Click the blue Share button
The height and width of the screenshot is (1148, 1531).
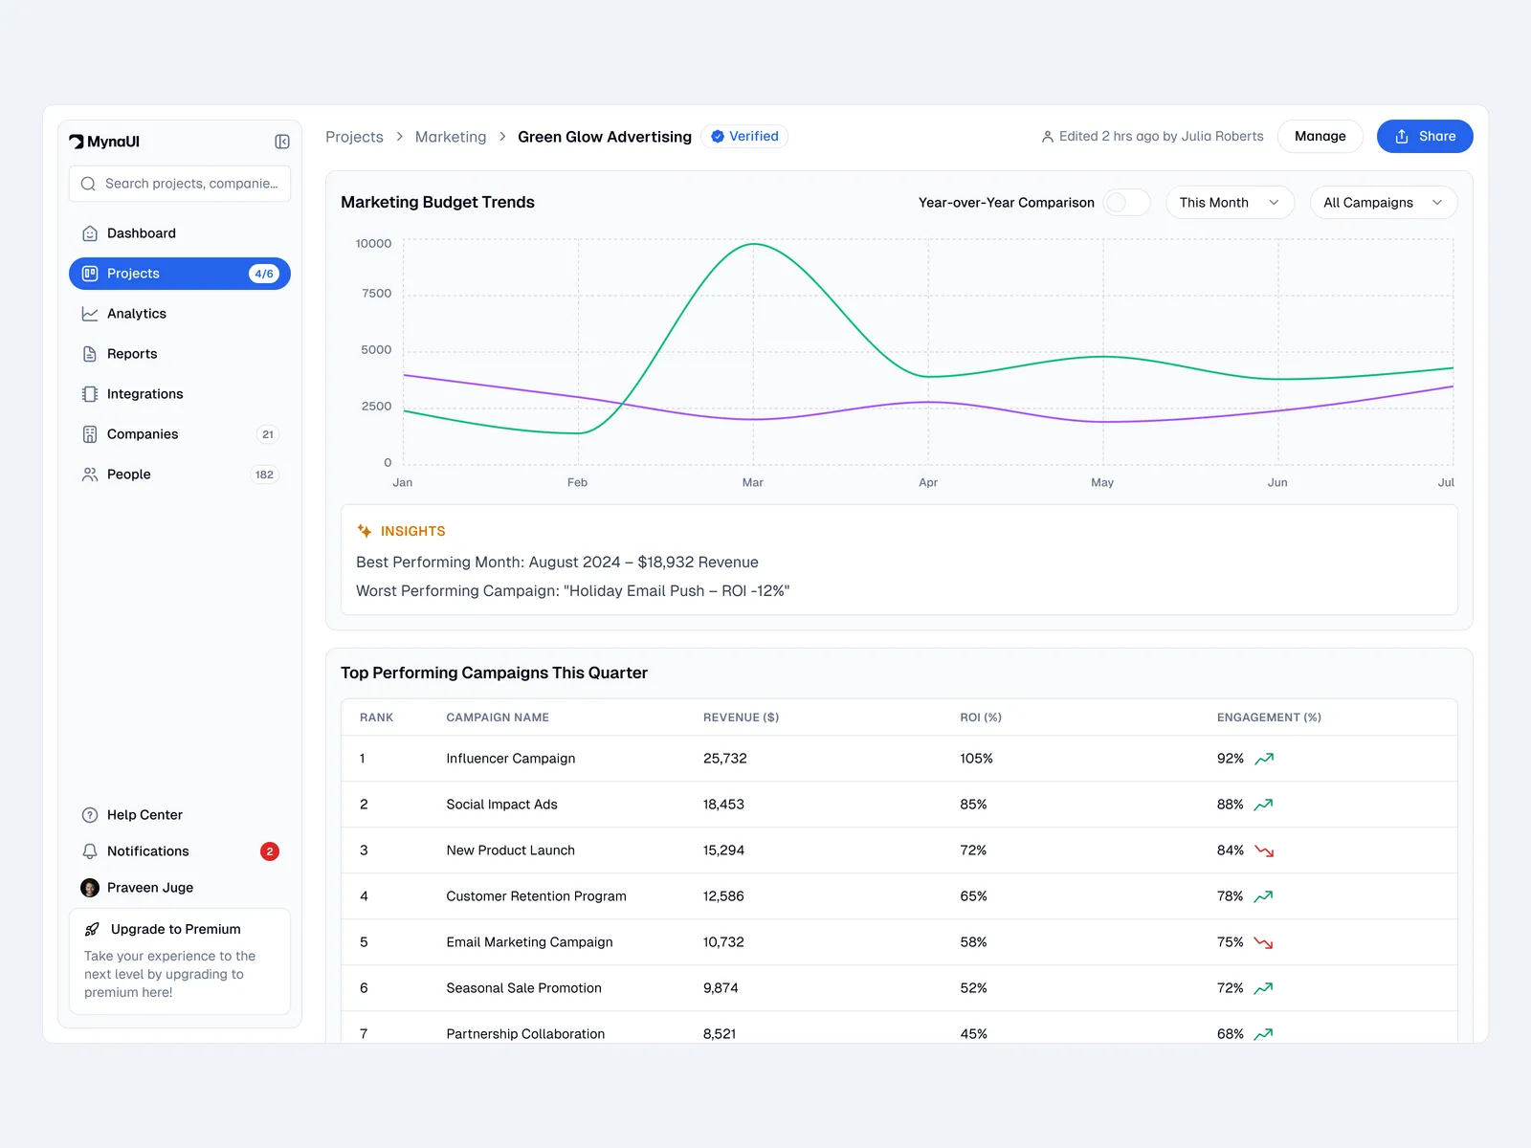click(x=1424, y=137)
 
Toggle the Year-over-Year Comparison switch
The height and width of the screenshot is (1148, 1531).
click(x=1126, y=203)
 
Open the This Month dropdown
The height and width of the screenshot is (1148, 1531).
click(x=1230, y=203)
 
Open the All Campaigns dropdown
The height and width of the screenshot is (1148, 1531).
click(x=1383, y=203)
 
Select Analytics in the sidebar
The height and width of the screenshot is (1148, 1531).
click(x=137, y=314)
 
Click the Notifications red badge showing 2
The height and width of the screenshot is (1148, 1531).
click(x=270, y=851)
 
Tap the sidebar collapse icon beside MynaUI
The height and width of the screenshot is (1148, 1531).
click(x=282, y=142)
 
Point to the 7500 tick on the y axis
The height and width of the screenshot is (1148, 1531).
click(x=376, y=294)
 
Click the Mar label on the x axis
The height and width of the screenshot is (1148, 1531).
click(x=753, y=483)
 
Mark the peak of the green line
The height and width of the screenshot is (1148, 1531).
click(x=754, y=245)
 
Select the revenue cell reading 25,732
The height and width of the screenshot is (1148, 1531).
click(x=724, y=759)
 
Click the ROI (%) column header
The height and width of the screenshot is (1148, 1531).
click(x=981, y=717)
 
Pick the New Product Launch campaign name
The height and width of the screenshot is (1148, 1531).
click(x=510, y=850)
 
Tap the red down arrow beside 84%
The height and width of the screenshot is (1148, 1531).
click(x=1264, y=850)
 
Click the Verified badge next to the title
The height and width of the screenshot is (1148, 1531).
click(x=744, y=137)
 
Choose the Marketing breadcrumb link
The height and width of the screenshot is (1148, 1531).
click(x=451, y=137)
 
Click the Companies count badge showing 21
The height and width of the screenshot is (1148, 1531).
click(x=268, y=434)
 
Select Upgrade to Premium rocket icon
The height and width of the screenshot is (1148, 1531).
click(x=92, y=929)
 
